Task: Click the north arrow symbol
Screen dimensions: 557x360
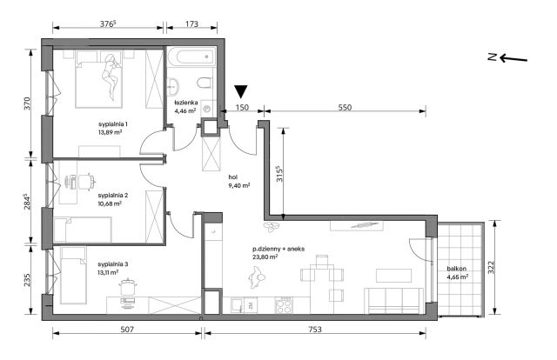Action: [x=507, y=58]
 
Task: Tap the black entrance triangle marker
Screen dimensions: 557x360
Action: [x=241, y=91]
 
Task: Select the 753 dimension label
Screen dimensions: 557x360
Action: [x=315, y=330]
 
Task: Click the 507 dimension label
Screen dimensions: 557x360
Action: [x=127, y=330]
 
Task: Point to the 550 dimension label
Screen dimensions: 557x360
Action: [x=345, y=107]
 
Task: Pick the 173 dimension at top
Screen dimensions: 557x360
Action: [x=191, y=23]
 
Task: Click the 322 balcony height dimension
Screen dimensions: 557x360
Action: [x=491, y=267]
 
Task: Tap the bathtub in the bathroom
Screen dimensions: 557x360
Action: [x=191, y=57]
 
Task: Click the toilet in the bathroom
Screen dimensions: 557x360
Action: [x=205, y=83]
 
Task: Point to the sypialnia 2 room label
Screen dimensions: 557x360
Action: [x=113, y=196]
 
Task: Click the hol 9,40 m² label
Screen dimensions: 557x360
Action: [x=239, y=181]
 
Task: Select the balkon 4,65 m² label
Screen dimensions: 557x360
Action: [x=457, y=273]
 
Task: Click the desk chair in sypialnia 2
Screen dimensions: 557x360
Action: [x=87, y=181]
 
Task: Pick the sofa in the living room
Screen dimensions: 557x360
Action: [x=394, y=301]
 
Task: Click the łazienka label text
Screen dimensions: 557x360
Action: [x=185, y=103]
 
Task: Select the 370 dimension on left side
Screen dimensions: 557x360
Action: [x=28, y=103]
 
